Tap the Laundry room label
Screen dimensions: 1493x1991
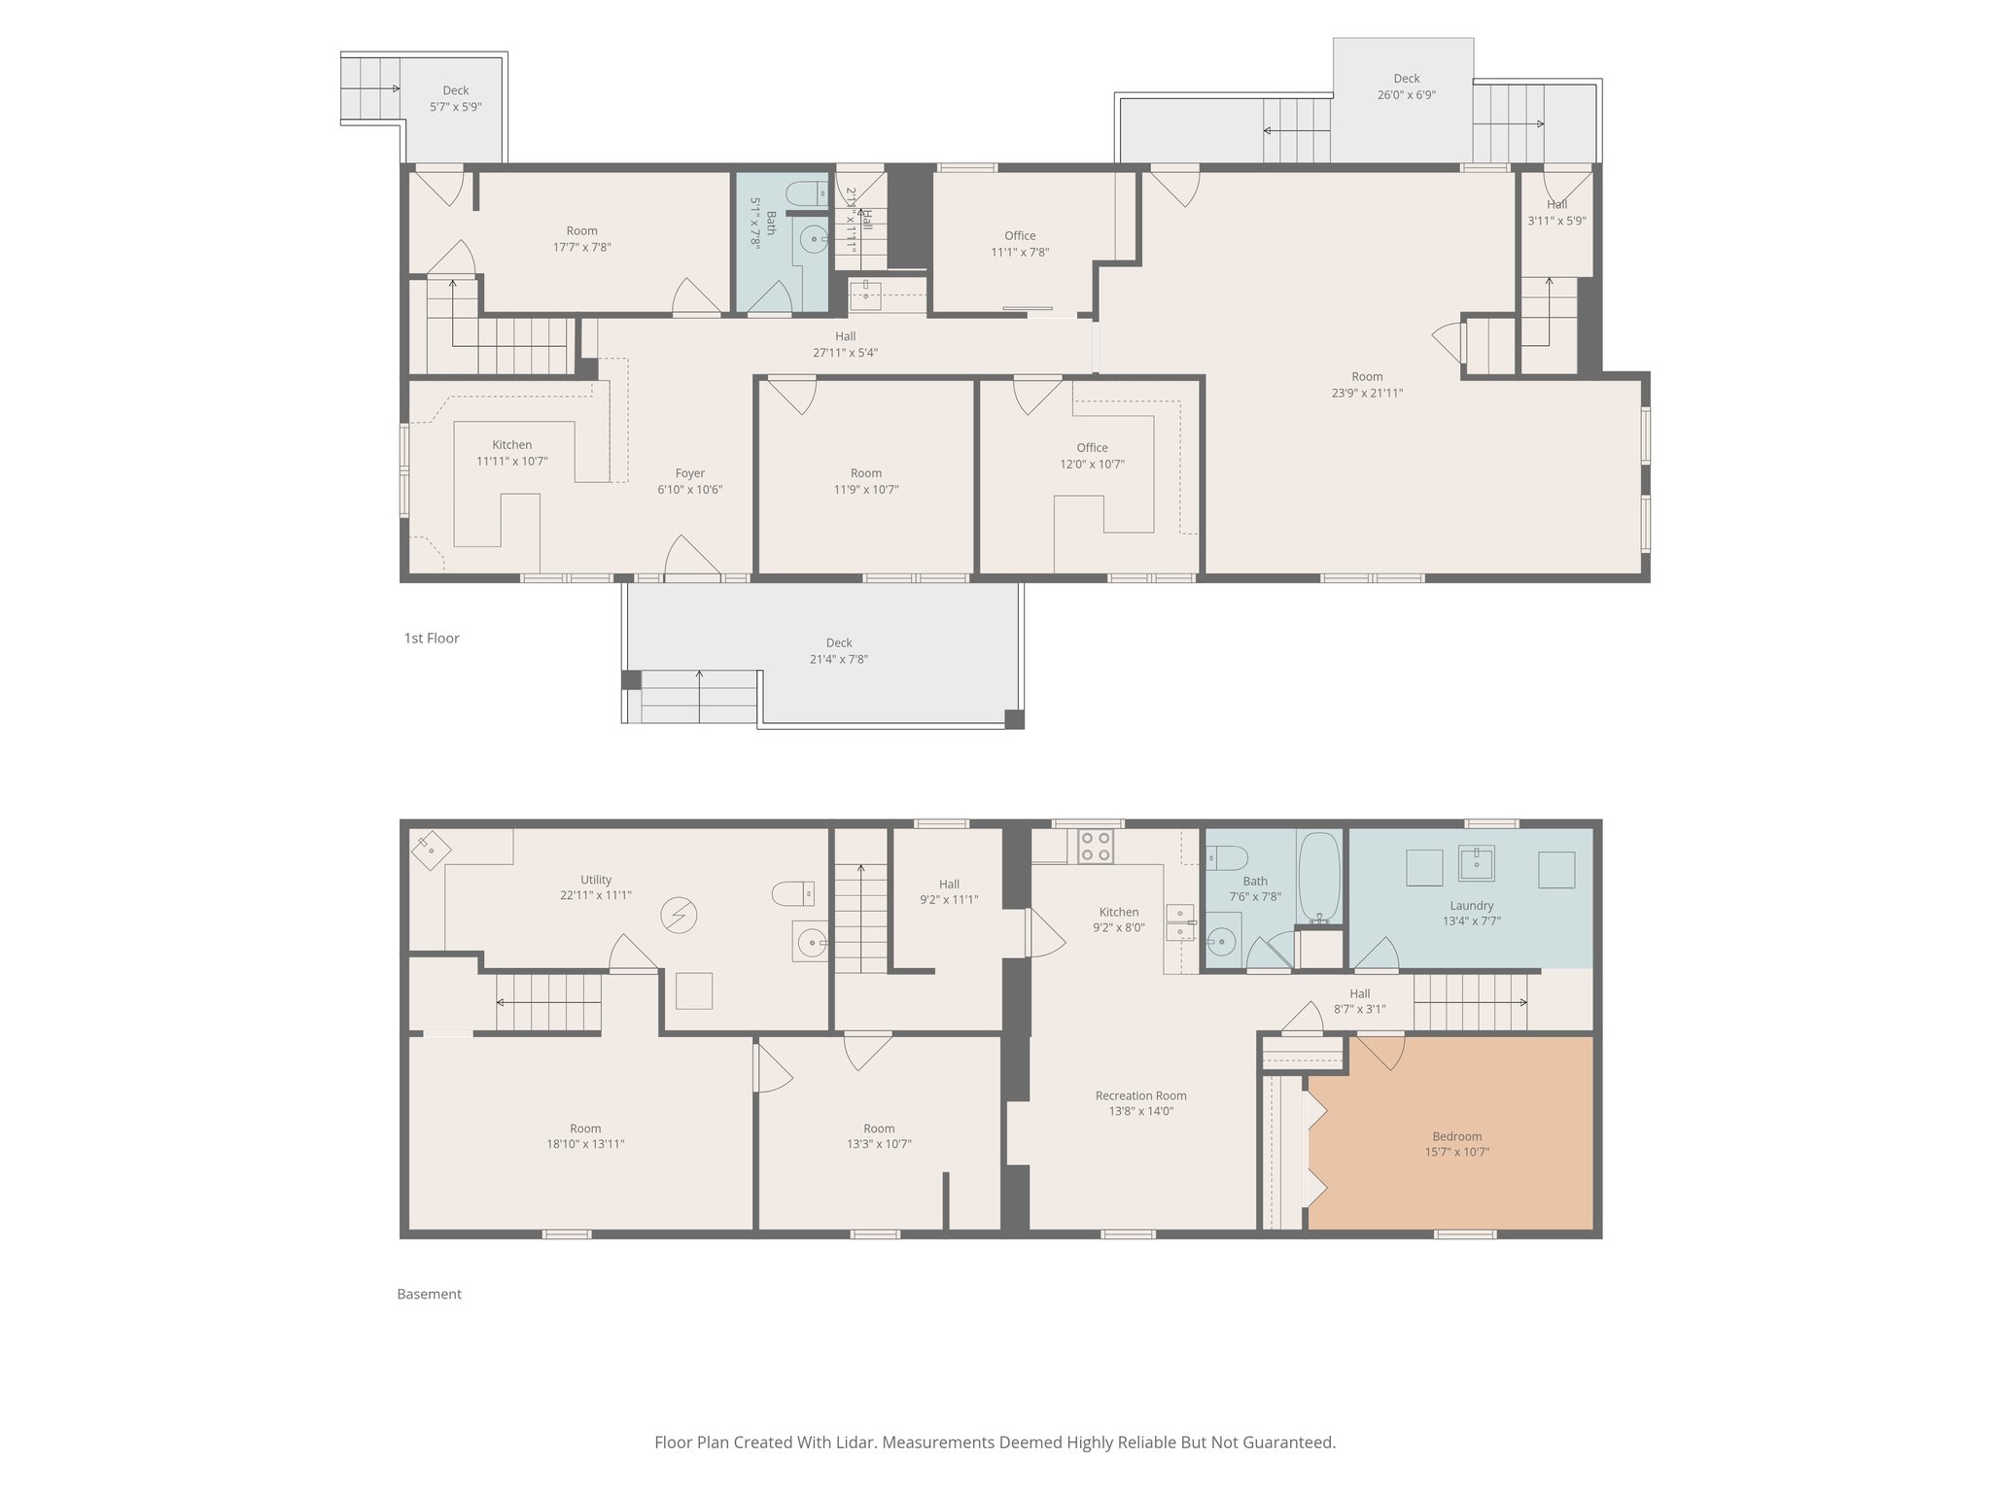[x=1471, y=905]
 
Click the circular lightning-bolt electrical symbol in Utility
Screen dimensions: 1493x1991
[x=679, y=916]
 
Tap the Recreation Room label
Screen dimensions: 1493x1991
[x=1140, y=1095]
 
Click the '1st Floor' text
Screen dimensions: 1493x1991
[x=432, y=638]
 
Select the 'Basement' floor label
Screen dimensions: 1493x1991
[x=429, y=1294]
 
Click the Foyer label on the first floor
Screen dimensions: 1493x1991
[x=689, y=473]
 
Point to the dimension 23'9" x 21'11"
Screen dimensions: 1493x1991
[x=1367, y=394]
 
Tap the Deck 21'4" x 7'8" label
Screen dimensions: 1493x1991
[x=838, y=651]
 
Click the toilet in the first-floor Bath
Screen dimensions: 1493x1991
[x=805, y=192]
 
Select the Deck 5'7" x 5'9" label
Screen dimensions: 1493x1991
[x=455, y=99]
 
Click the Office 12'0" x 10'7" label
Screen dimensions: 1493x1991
[x=1092, y=456]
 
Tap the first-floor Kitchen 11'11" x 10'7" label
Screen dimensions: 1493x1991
[x=511, y=453]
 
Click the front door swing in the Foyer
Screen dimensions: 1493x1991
[x=690, y=558]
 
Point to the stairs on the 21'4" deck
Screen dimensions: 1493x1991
[x=698, y=697]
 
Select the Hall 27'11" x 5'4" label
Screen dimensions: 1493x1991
[x=845, y=344]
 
